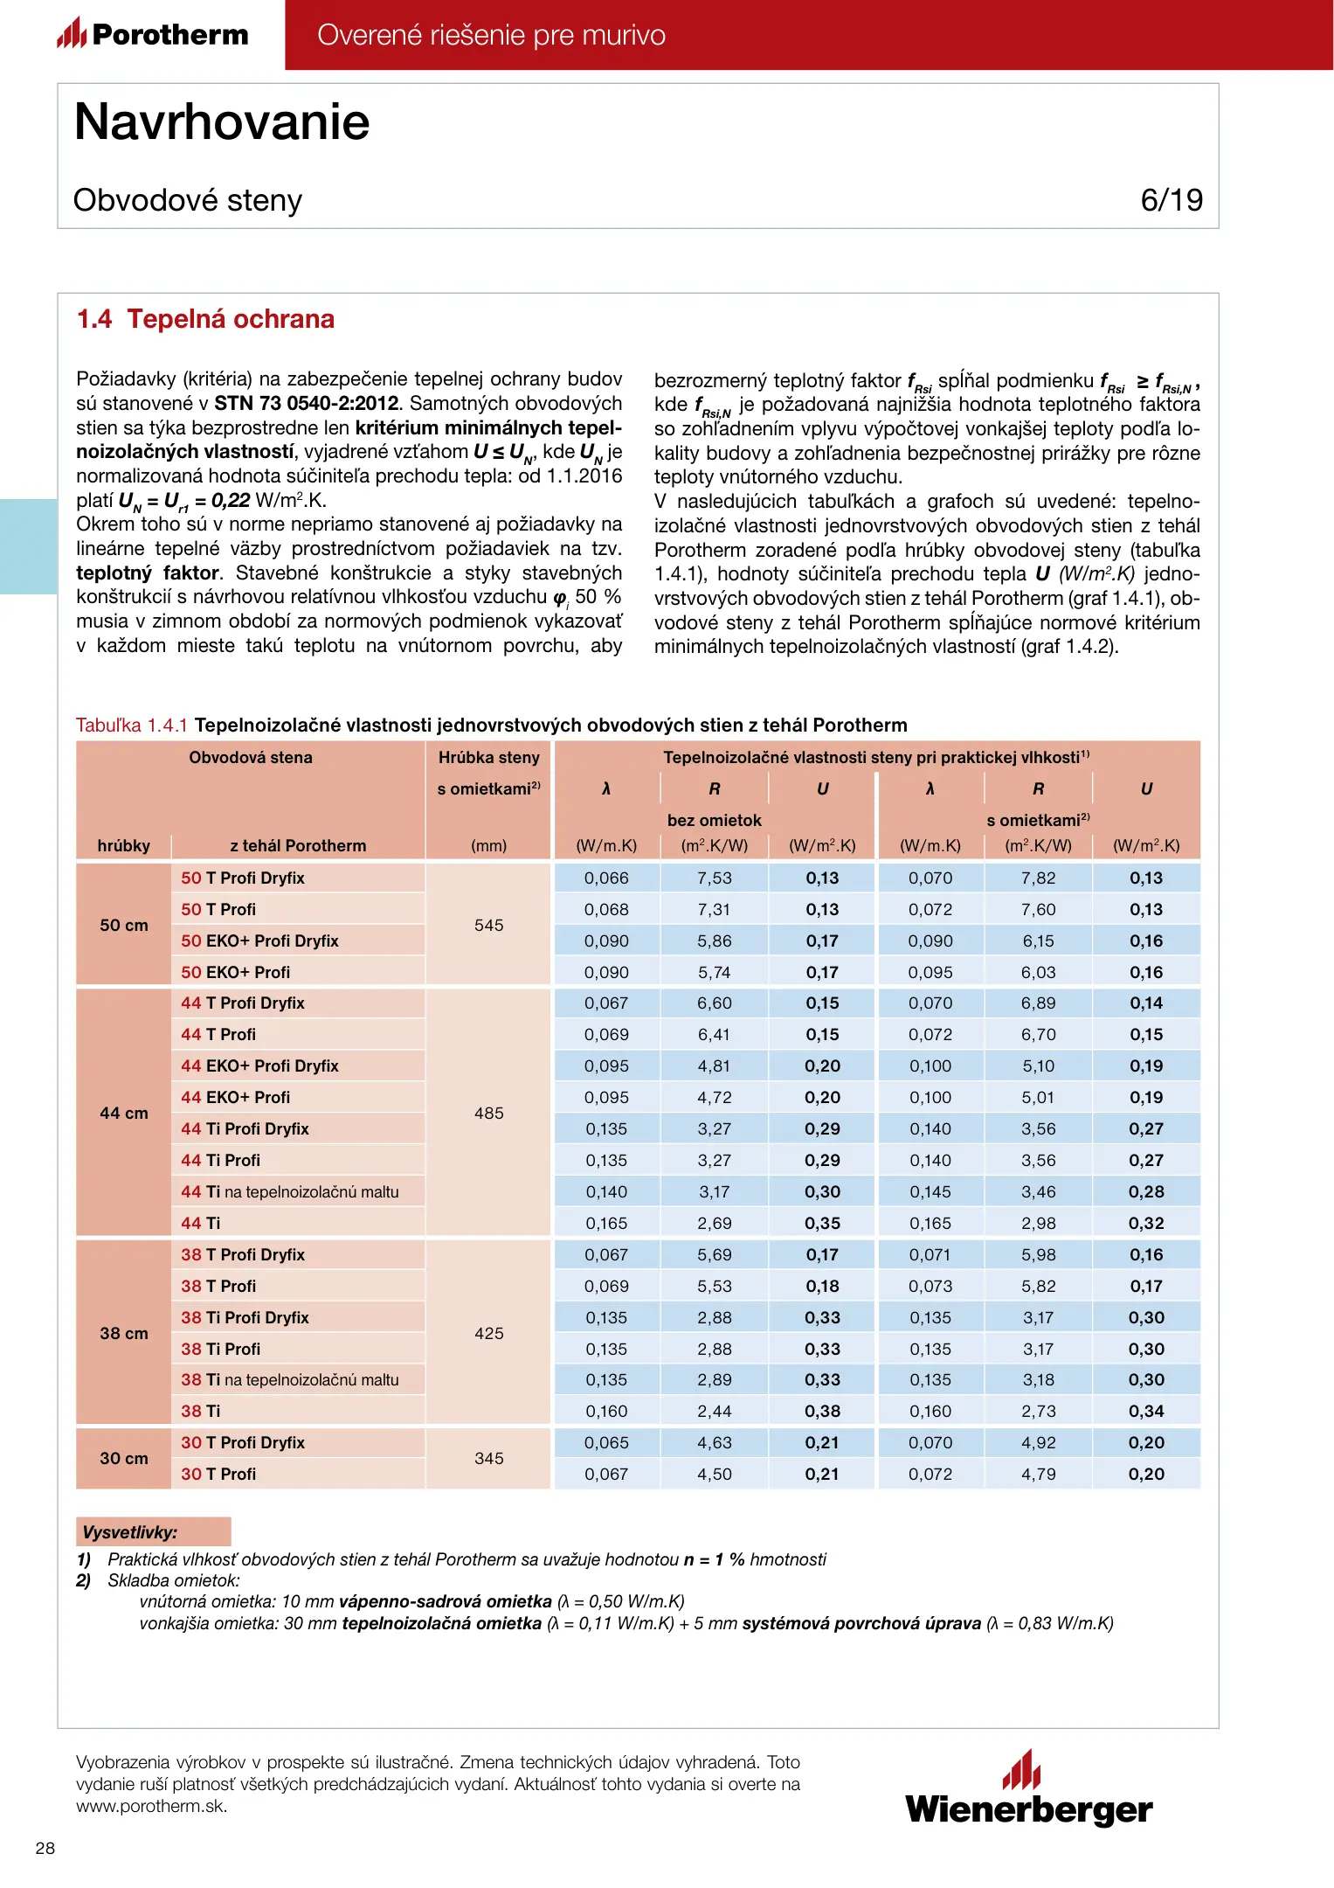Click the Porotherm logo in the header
(153, 34)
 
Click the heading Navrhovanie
(222, 121)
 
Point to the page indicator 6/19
(1171, 200)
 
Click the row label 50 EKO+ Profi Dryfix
(259, 941)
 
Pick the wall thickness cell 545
(488, 925)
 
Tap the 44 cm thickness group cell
(124, 1113)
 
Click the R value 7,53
(714, 878)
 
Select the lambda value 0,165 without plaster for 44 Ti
(606, 1223)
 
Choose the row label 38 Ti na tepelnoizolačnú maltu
(289, 1379)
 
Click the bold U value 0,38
(822, 1411)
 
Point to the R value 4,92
(1038, 1442)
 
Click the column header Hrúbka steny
(488, 757)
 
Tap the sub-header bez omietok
(714, 820)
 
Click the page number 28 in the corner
(45, 1848)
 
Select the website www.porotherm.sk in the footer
(151, 1807)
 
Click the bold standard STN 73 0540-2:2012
(306, 404)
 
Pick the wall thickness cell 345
(488, 1458)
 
